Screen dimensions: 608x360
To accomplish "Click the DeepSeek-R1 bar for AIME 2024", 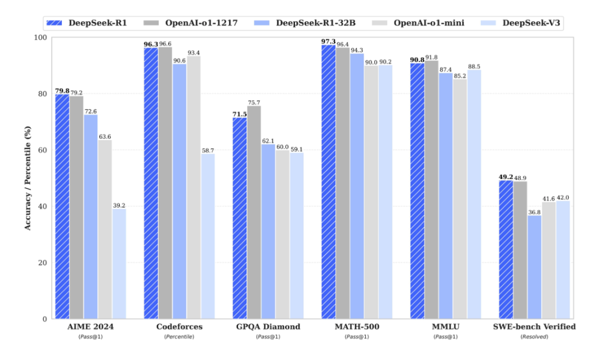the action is pyautogui.click(x=62, y=206).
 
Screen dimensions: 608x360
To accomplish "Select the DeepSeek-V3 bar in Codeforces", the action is pyautogui.click(x=208, y=236).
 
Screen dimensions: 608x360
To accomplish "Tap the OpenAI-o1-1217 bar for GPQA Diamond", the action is pyautogui.click(x=254, y=213).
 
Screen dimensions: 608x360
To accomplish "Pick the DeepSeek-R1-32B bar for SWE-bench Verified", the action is pyautogui.click(x=534, y=267).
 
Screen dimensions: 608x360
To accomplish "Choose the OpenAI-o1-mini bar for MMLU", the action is pyautogui.click(x=460, y=199).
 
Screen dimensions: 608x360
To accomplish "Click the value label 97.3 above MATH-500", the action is pyautogui.click(x=328, y=42).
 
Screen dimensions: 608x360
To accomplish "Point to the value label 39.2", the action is pyautogui.click(x=119, y=205).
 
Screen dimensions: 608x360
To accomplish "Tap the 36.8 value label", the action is pyautogui.click(x=534, y=212).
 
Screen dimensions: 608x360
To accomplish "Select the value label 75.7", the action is pyautogui.click(x=254, y=103).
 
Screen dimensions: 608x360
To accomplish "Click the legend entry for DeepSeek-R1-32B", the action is pyautogui.click(x=305, y=23).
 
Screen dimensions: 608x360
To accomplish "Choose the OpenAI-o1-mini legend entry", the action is pyautogui.click(x=418, y=23).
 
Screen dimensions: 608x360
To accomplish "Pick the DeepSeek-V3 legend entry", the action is pyautogui.click(x=520, y=23).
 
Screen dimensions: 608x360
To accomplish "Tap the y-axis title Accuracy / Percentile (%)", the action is pyautogui.click(x=28, y=178).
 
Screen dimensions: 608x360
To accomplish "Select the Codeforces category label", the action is pyautogui.click(x=179, y=327).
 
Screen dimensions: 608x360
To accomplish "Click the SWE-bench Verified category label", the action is pyautogui.click(x=534, y=327).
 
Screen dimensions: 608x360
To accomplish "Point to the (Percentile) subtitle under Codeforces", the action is pyautogui.click(x=179, y=337).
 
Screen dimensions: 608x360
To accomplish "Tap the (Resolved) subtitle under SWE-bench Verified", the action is pyautogui.click(x=534, y=337).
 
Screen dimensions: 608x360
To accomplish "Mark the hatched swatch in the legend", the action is pyautogui.click(x=54, y=23).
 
